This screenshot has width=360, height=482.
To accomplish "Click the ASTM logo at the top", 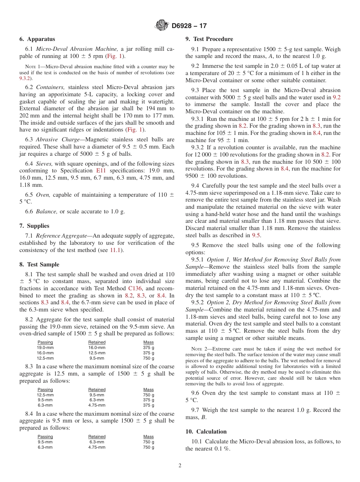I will tap(162, 26).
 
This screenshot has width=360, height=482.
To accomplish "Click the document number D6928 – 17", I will tap(189, 26).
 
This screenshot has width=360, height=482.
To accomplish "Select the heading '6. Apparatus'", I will tap(37, 39).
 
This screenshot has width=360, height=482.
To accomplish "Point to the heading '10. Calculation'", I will tap(206, 432).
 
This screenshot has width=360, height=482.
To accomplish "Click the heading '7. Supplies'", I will tap(34, 226).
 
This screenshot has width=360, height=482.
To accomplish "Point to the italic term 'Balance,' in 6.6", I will tap(47, 211).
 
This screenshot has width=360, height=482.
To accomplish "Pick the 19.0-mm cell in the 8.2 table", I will tap(45, 347).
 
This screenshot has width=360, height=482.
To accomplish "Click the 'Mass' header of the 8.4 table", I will tap(149, 437).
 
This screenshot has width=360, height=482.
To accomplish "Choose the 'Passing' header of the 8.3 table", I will tap(45, 390).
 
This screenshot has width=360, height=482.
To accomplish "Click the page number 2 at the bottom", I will tap(180, 466).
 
